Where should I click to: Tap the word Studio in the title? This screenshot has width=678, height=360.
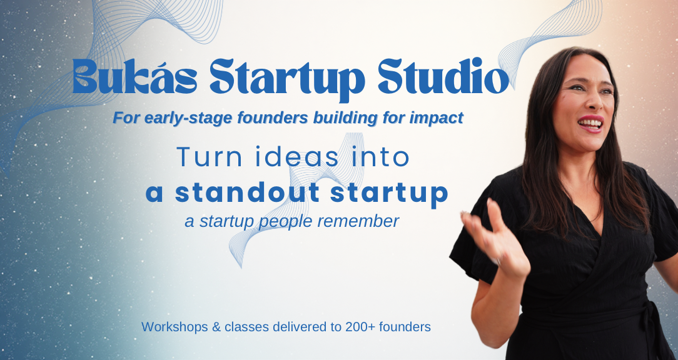click(x=443, y=76)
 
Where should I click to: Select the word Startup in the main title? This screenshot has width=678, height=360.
click(x=287, y=81)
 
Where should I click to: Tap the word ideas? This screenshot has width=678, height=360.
click(x=297, y=157)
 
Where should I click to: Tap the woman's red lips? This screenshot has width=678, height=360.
click(x=590, y=124)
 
